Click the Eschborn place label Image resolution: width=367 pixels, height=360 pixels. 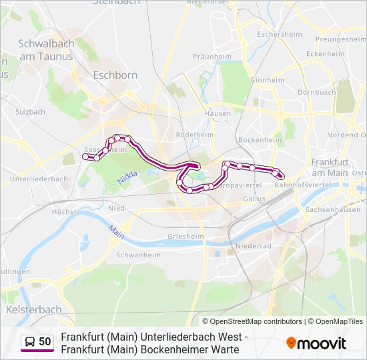pyautogui.click(x=115, y=75)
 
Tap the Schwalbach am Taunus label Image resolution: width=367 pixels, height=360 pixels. pyautogui.click(x=45, y=50)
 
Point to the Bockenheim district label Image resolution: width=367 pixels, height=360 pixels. pyautogui.click(x=258, y=140)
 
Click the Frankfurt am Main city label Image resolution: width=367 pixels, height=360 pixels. pyautogui.click(x=330, y=167)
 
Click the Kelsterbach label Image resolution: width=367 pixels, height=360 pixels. pyautogui.click(x=33, y=309)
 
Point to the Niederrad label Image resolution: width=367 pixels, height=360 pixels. pyautogui.click(x=254, y=245)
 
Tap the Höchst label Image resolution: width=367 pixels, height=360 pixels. pyautogui.click(x=64, y=212)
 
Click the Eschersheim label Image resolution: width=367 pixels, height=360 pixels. pyautogui.click(x=275, y=34)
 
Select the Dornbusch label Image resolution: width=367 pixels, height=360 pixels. pyautogui.click(x=316, y=92)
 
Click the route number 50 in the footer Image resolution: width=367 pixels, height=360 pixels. pyautogui.click(x=45, y=342)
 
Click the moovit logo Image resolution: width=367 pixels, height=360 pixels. pyautogui.click(x=316, y=343)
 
